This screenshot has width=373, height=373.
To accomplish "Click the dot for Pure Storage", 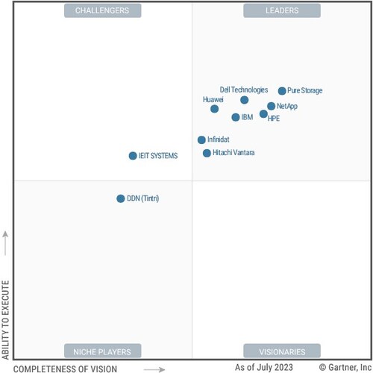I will [282, 91].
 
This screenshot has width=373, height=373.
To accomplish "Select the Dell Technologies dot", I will [245, 100].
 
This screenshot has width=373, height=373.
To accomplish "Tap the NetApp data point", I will [271, 107].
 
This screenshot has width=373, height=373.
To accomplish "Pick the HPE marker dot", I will [263, 114].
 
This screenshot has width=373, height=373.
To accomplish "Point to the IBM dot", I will [236, 117].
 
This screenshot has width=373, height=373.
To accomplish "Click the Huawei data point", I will [215, 109].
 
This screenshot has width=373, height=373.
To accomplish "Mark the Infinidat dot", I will [201, 140].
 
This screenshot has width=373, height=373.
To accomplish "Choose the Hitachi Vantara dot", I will [207, 153].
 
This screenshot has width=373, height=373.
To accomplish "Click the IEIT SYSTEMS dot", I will [133, 156].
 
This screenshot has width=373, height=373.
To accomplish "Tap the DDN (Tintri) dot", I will [121, 198].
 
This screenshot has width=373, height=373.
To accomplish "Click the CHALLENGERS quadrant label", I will [102, 10].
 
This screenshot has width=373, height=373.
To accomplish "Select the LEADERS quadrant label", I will [282, 10].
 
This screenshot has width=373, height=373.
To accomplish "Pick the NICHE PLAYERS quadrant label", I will [102, 351].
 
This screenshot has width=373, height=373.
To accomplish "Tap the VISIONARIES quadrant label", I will [282, 351].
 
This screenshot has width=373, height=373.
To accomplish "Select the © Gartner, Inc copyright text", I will [344, 367].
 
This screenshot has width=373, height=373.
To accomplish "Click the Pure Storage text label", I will [305, 91].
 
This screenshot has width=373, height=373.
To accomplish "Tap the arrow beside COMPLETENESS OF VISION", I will [154, 368].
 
